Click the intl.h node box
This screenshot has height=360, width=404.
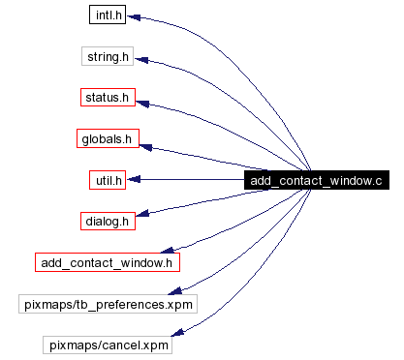107,17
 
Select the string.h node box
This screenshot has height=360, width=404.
107,58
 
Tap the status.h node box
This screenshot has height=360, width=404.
107,99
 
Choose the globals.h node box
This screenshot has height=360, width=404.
107,139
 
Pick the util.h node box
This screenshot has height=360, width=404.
107,180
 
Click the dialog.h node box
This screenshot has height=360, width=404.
107,221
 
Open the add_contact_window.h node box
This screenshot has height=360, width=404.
108,261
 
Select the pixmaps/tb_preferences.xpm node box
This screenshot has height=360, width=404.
108,304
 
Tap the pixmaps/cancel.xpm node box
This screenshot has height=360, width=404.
107,345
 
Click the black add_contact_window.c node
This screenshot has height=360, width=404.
315,181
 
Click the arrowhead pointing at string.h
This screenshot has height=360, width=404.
140,60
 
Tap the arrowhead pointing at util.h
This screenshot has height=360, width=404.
137,180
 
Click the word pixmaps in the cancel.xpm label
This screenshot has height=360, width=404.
74,345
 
